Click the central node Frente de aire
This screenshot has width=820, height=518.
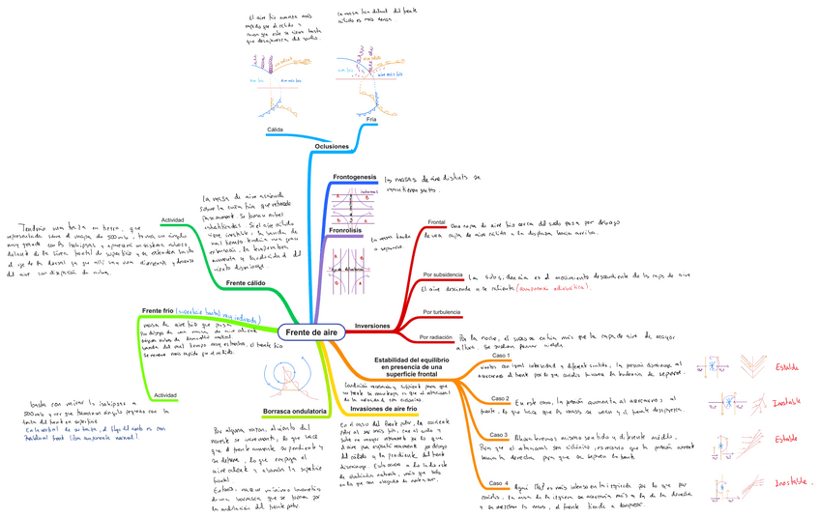pyautogui.click(x=311, y=331)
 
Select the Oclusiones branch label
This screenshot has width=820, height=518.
pyautogui.click(x=332, y=146)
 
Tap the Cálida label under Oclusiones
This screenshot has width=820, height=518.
pyautogui.click(x=276, y=129)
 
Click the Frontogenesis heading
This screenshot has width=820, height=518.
pyautogui.click(x=354, y=178)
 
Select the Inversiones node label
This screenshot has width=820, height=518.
pyautogui.click(x=372, y=327)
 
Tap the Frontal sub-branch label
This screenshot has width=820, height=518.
pyautogui.click(x=436, y=221)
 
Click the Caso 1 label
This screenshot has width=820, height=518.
pyautogui.click(x=499, y=357)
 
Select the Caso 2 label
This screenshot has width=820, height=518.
pyautogui.click(x=499, y=398)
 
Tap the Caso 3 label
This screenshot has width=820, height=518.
pyautogui.click(x=499, y=435)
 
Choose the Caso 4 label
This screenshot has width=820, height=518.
pyautogui.click(x=499, y=481)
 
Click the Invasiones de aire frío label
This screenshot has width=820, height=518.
pyautogui.click(x=382, y=411)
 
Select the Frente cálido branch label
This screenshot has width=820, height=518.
pyautogui.click(x=246, y=283)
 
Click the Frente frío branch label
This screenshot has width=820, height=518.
pyautogui.click(x=158, y=311)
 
